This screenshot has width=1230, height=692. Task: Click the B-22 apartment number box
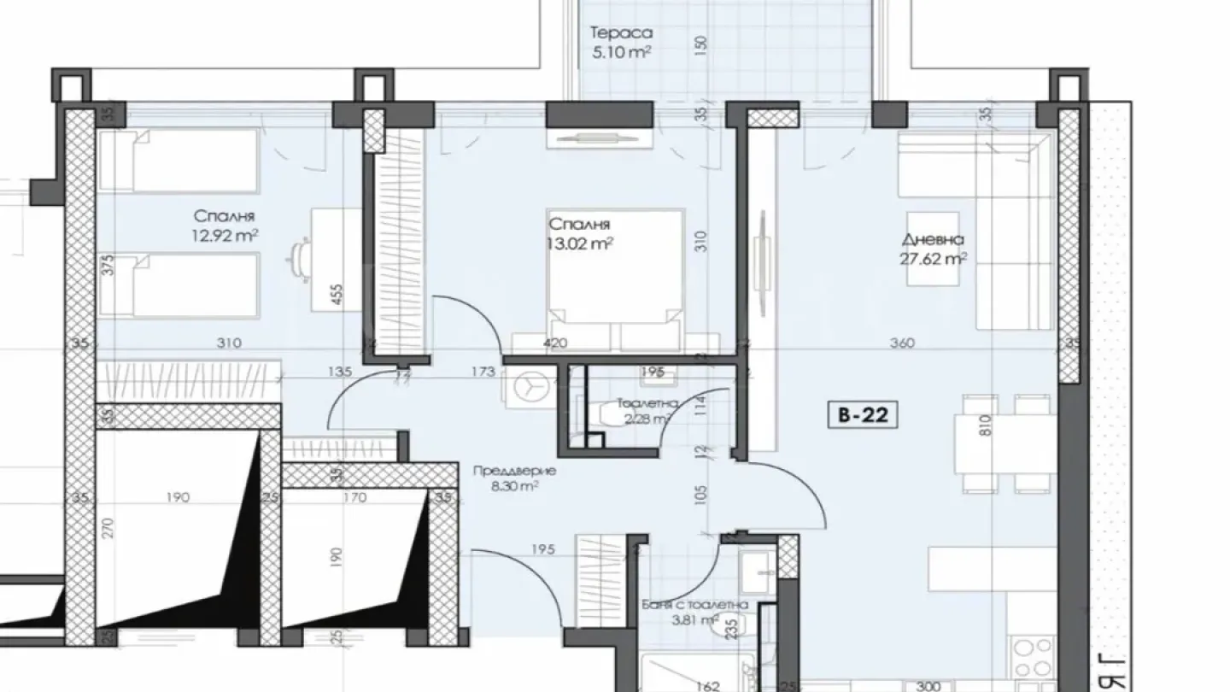862,416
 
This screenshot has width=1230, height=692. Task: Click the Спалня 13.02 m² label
580,233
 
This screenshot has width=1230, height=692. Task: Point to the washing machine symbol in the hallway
529,386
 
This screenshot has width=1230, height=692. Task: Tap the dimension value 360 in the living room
902,343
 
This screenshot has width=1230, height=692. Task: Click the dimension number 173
483,372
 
